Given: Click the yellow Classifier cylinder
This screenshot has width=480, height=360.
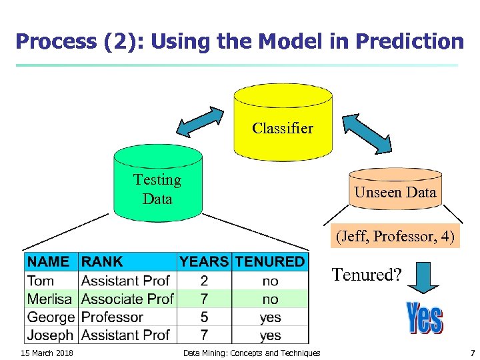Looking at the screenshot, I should [x=282, y=123].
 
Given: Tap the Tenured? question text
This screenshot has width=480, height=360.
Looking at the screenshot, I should [x=367, y=274].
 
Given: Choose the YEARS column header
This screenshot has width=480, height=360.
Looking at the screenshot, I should [x=204, y=261].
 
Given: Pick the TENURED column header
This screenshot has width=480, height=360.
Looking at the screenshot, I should [x=270, y=261].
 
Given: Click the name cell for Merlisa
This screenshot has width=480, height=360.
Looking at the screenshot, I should [x=50, y=299].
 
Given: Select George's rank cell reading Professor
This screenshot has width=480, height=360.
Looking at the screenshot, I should [x=112, y=317].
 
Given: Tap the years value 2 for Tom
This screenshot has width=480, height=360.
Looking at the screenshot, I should [x=203, y=281].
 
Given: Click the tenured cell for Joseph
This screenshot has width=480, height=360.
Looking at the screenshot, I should [x=270, y=335].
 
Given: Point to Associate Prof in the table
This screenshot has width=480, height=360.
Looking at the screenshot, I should [x=127, y=299].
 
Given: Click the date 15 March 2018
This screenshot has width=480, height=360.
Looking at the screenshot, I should [x=47, y=353].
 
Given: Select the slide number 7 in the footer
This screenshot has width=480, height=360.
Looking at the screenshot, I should [x=472, y=353].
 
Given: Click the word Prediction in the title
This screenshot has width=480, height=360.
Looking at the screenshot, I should [x=409, y=41].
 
